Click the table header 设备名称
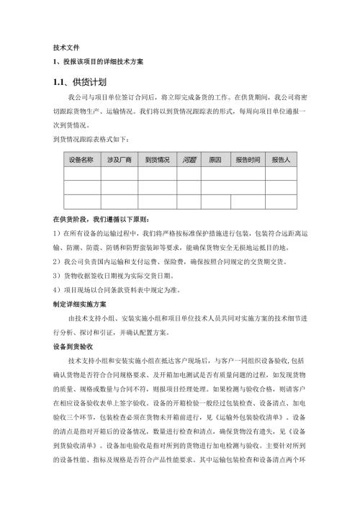coord(81,159)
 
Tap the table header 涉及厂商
coord(119,159)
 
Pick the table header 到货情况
coord(157,159)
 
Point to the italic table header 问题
coord(189,159)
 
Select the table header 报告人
coord(282,159)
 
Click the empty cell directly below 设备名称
coord(81,173)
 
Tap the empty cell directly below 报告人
coord(282,173)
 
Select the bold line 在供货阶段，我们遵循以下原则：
coord(100,218)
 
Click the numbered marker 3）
coord(58,275)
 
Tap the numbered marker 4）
coord(58,289)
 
